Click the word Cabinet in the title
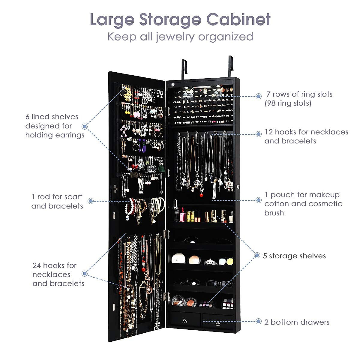click(238, 19)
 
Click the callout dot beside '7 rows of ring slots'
click(258, 96)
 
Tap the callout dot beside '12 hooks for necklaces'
click(258, 134)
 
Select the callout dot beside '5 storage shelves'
click(257, 255)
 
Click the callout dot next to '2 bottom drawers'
click(258, 322)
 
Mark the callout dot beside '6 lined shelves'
click(85, 126)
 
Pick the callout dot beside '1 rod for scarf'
click(91, 201)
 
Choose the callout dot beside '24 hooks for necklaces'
click(85, 273)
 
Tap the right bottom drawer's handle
click(217, 323)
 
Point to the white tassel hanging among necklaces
click(214, 192)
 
